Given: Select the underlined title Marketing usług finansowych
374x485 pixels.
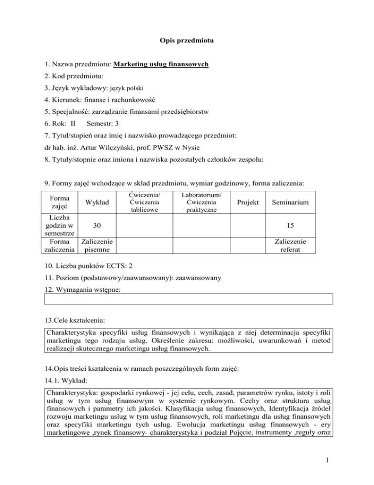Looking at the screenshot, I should tap(161, 64).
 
